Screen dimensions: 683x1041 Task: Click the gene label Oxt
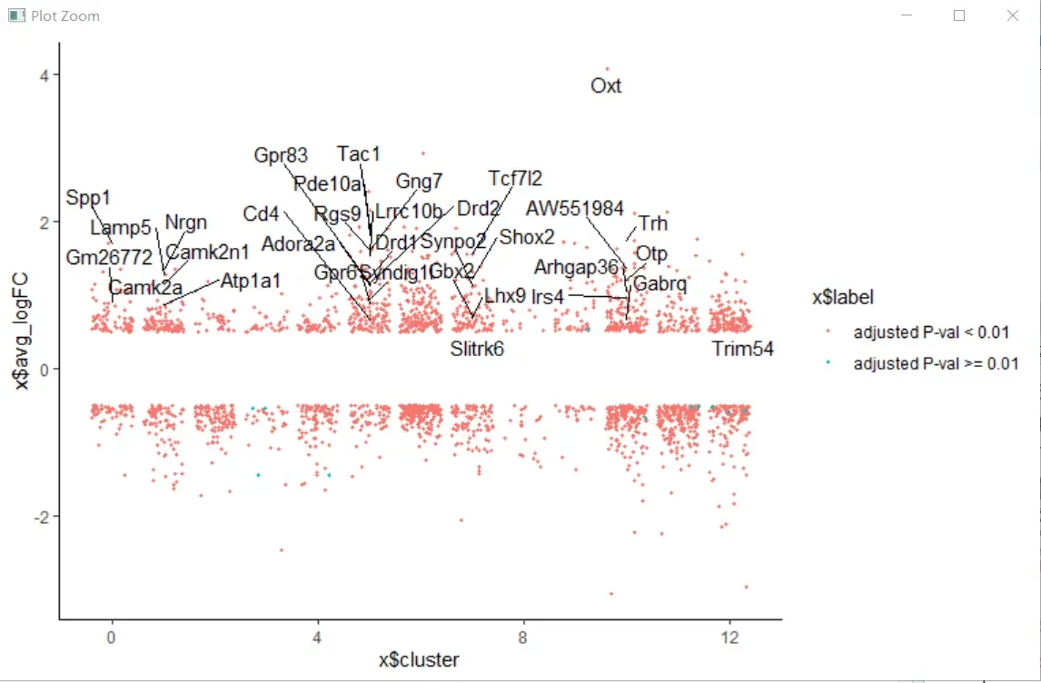pos(606,86)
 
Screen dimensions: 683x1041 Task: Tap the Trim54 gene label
pos(742,349)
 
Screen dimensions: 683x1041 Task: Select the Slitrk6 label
pos(477,349)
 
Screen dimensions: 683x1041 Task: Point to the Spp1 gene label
pos(88,198)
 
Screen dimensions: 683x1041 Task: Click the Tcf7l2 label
pos(515,178)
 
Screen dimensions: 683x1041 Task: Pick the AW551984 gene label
pos(575,209)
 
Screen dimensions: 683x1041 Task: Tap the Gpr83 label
pos(281,156)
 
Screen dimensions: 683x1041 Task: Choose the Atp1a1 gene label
pos(252,281)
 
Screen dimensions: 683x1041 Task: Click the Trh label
pos(653,223)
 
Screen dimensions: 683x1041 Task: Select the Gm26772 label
pos(109,258)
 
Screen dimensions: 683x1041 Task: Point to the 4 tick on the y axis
pos(44,74)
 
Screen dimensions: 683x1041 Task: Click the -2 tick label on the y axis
pos(40,516)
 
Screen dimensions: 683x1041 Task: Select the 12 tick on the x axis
pos(729,638)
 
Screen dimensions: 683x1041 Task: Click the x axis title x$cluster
pos(419,660)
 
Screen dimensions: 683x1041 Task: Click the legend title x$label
pos(842,298)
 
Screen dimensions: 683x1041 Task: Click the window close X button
pos(1013,15)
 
